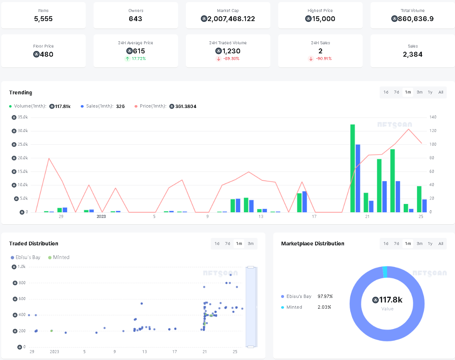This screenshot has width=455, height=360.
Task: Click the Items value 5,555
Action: pyautogui.click(x=43, y=19)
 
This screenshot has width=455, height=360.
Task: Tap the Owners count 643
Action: pyautogui.click(x=135, y=19)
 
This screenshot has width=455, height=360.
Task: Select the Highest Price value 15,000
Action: pyautogui.click(x=320, y=19)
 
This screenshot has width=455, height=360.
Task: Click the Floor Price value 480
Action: pyautogui.click(x=43, y=54)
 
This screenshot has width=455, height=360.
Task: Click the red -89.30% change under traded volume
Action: pyautogui.click(x=228, y=59)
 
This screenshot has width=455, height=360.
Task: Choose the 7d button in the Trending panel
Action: pyautogui.click(x=396, y=92)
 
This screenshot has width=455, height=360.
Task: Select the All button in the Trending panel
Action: pyautogui.click(x=441, y=92)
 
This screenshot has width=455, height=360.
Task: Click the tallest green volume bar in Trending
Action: pyautogui.click(x=352, y=168)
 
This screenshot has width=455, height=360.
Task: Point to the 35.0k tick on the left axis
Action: pyautogui.click(x=22, y=117)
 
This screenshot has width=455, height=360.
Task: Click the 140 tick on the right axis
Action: pyautogui.click(x=433, y=117)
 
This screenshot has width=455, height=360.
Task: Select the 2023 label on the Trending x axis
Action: pyautogui.click(x=101, y=216)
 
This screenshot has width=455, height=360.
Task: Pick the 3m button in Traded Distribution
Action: pyautogui.click(x=250, y=244)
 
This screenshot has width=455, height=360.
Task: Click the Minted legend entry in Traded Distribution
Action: pyautogui.click(x=59, y=257)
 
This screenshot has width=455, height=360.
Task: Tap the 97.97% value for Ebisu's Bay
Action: pyautogui.click(x=325, y=296)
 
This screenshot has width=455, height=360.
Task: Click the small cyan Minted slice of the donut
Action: pyautogui.click(x=385, y=272)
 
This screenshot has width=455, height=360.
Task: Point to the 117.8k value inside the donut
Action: pyautogui.click(x=387, y=300)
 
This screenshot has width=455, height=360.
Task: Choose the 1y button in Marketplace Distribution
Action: pyautogui.click(x=430, y=244)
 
